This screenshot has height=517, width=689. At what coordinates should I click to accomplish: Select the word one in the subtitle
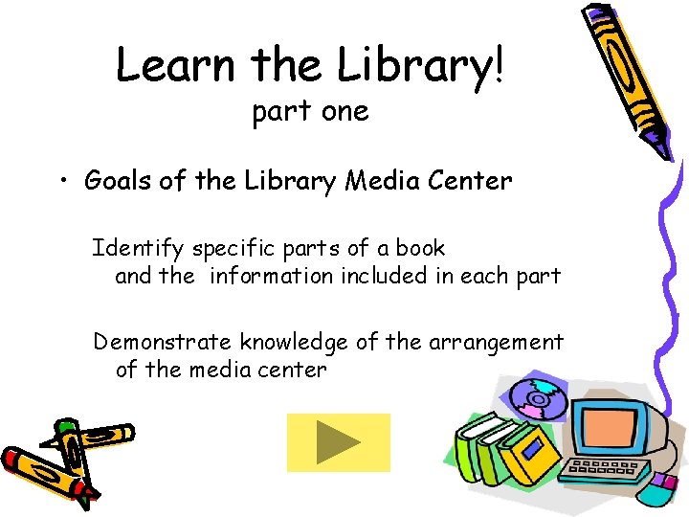[x=344, y=112]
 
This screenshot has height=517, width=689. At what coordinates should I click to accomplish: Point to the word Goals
[x=119, y=180]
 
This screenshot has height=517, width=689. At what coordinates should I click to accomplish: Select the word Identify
[x=138, y=249]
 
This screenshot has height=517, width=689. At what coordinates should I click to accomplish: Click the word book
[x=421, y=248]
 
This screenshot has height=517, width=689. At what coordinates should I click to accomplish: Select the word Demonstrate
[x=163, y=342]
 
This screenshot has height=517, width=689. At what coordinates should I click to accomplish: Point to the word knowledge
[x=292, y=343]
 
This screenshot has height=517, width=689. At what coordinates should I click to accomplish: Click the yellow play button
[x=339, y=442]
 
